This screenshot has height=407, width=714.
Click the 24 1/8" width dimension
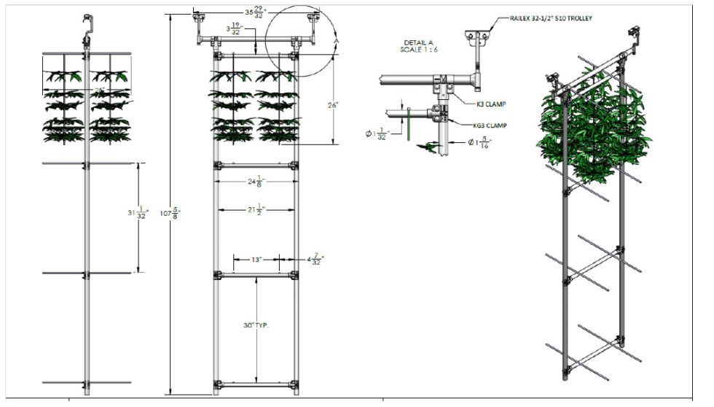254,182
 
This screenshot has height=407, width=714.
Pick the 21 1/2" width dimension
254,210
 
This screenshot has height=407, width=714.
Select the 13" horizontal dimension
256,259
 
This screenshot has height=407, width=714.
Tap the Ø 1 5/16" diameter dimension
481,144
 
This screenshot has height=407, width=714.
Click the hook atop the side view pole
86,22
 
